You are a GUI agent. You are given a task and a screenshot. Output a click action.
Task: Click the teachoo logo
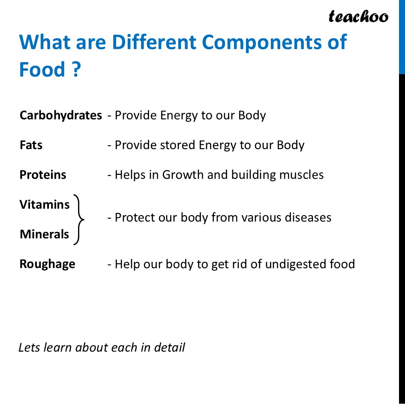[358, 16]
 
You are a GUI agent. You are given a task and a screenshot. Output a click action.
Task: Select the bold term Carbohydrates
[60, 115]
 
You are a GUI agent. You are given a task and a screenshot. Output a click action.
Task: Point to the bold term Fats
[31, 145]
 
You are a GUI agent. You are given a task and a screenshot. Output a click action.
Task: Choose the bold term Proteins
[43, 175]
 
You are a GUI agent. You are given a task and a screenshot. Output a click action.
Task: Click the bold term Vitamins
[45, 204]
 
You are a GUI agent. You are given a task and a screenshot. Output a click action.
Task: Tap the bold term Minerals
[44, 234]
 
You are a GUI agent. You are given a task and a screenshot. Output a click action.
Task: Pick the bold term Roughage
[47, 264]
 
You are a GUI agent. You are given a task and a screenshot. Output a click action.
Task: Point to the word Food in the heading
[42, 70]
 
